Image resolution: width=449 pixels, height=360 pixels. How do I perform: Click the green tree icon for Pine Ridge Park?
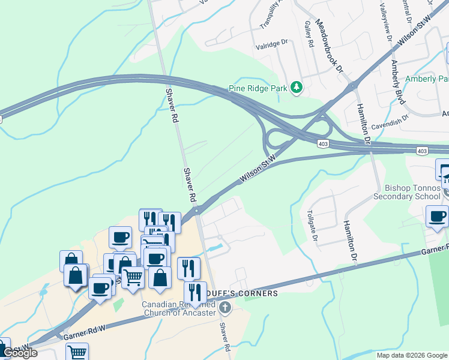296,88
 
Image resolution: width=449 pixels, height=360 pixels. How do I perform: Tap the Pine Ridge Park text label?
258,88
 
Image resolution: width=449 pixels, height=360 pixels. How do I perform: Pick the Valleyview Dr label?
386,21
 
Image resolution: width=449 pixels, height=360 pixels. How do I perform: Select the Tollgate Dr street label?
312,226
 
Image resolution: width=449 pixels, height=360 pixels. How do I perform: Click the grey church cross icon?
225,308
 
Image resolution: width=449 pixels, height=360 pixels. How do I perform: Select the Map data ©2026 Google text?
412,355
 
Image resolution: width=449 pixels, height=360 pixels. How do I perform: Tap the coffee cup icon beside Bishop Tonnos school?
436,216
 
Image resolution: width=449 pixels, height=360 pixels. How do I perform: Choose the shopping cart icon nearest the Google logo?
77,352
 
